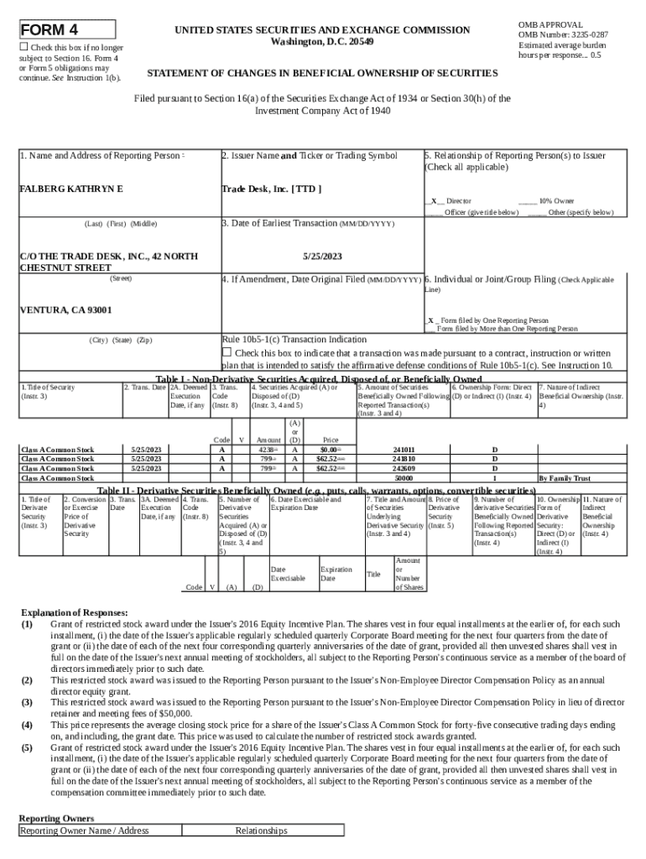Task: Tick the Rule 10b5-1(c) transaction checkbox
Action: (x=226, y=352)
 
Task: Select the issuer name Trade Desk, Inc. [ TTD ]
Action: (x=271, y=189)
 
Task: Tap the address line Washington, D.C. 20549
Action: (x=323, y=42)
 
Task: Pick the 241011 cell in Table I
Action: (x=404, y=450)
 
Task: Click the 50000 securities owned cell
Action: (x=404, y=478)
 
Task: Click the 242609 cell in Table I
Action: (x=404, y=469)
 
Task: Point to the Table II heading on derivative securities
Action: (x=316, y=490)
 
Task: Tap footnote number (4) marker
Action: (x=27, y=724)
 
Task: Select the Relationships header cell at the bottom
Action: (x=261, y=830)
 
